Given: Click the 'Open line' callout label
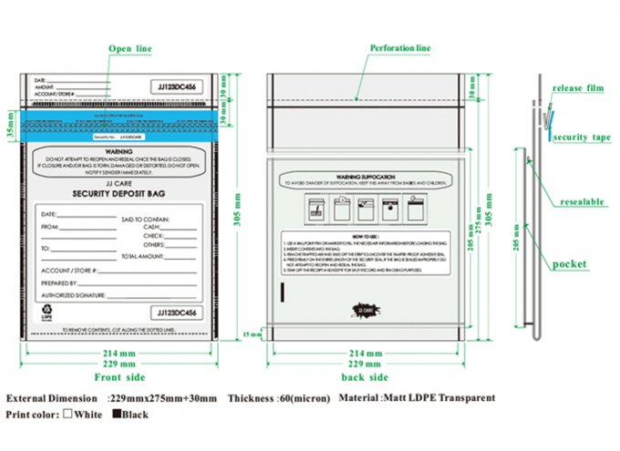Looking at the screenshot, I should pos(129,46).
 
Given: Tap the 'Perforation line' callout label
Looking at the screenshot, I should pos(398,46).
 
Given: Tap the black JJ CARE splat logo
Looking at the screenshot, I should pos(365,313).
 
